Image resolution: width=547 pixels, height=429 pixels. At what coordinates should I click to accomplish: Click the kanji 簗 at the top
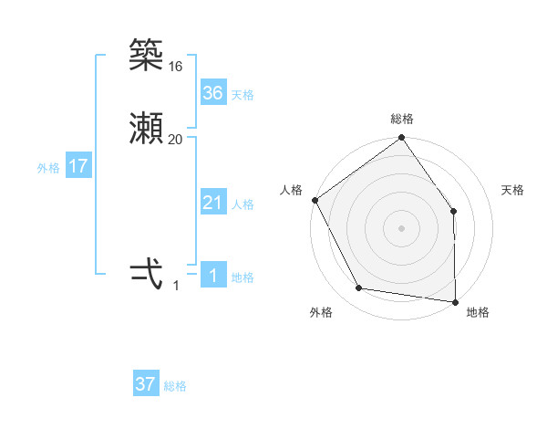pyautogui.click(x=146, y=56)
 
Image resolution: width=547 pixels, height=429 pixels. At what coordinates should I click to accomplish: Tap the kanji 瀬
pyautogui.click(x=146, y=130)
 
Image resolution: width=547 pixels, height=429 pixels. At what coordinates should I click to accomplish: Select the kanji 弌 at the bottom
pyautogui.click(x=146, y=275)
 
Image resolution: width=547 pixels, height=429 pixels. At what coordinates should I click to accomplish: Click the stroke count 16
pyautogui.click(x=176, y=67)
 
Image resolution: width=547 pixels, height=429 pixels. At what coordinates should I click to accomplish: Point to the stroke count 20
pyautogui.click(x=176, y=140)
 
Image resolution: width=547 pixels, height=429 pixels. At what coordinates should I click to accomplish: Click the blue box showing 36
pyautogui.click(x=212, y=93)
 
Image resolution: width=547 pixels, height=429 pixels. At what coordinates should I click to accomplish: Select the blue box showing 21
pyautogui.click(x=212, y=204)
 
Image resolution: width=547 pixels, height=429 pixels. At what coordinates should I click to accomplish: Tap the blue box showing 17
pyautogui.click(x=77, y=167)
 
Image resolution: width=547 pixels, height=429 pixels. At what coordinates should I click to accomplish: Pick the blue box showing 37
pyautogui.click(x=146, y=384)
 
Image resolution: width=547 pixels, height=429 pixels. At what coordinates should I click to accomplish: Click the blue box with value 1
pyautogui.click(x=212, y=276)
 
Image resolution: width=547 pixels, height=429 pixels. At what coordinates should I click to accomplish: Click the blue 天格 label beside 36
pyautogui.click(x=243, y=95)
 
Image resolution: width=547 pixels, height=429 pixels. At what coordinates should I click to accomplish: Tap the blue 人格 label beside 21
pyautogui.click(x=243, y=204)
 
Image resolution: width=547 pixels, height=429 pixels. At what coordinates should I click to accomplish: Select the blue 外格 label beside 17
pyautogui.click(x=48, y=168)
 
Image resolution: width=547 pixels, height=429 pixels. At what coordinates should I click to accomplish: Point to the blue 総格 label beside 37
pyautogui.click(x=175, y=386)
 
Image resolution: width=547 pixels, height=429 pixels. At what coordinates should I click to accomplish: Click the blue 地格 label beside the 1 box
pyautogui.click(x=243, y=277)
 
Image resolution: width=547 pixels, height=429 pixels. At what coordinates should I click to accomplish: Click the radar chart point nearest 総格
pyautogui.click(x=401, y=139)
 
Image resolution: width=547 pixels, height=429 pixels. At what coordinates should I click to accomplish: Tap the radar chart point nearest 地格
pyautogui.click(x=455, y=301)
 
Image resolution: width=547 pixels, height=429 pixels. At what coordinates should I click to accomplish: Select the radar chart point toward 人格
pyautogui.click(x=315, y=200)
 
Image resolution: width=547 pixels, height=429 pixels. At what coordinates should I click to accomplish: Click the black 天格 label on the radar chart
pyautogui.click(x=512, y=190)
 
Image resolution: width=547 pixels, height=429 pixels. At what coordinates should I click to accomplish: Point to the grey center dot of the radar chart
pyautogui.click(x=401, y=227)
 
